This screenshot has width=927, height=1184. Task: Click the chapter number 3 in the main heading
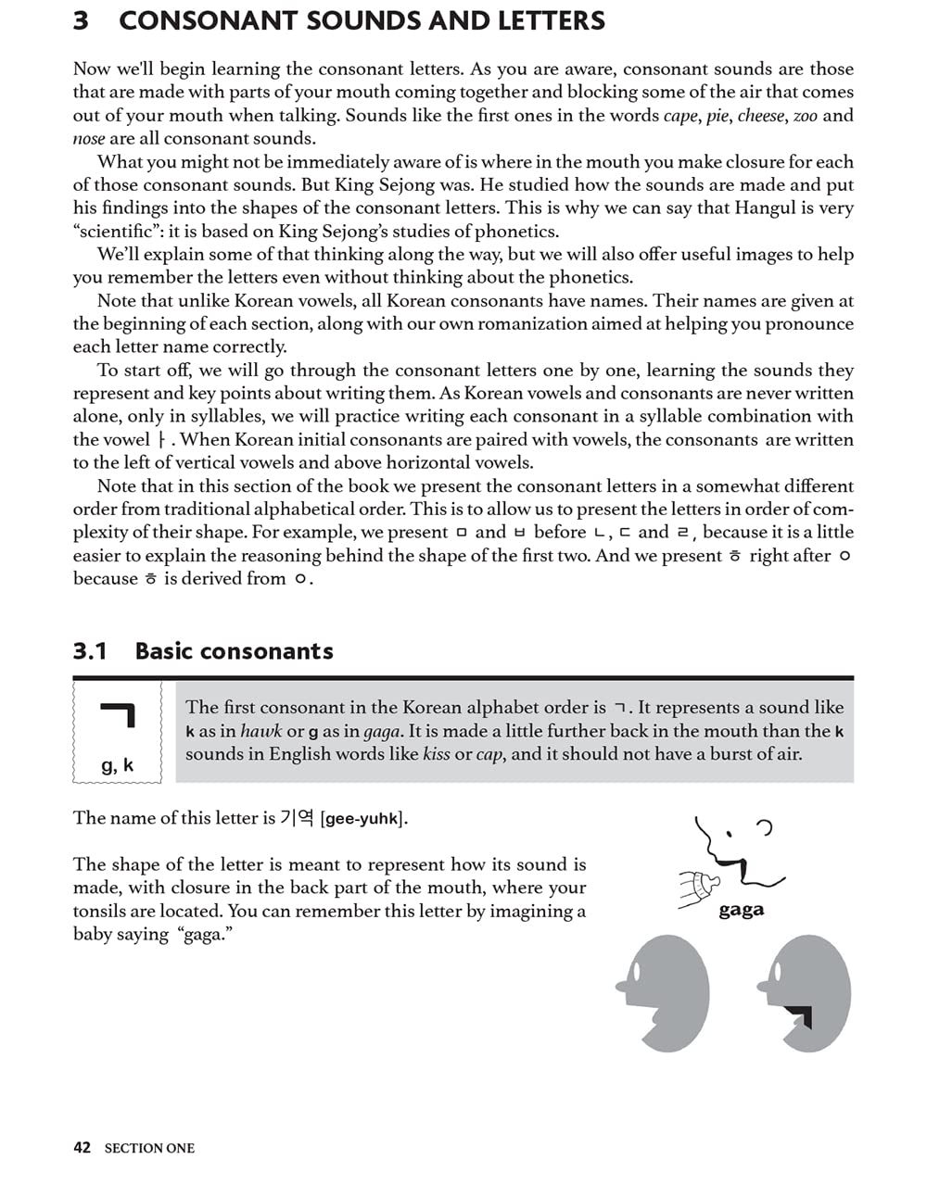tap(82, 20)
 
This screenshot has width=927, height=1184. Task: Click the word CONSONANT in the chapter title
tap(203, 20)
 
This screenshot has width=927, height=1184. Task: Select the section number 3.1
tap(90, 651)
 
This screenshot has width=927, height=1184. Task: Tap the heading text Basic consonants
tap(234, 651)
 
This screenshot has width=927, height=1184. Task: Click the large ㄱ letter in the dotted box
tap(119, 715)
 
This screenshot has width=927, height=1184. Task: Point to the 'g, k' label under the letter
tap(117, 765)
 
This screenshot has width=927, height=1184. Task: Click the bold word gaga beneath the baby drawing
tap(741, 910)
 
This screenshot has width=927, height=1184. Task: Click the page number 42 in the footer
tap(82, 1148)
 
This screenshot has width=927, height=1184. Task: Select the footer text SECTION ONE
tap(149, 1149)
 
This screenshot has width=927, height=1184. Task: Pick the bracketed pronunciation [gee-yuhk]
tap(363, 819)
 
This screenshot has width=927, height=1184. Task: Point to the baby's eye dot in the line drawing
tap(730, 834)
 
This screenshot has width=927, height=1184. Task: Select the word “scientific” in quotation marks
tap(118, 232)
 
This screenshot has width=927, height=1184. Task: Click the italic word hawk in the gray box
tap(260, 731)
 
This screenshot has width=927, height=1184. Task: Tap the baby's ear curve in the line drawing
tap(766, 827)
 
